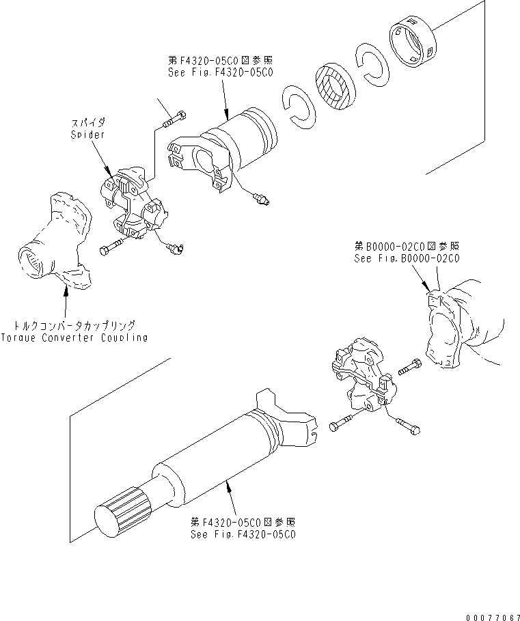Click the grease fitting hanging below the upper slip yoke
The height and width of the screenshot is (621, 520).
click(262, 199)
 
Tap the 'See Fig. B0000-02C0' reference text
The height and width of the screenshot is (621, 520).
click(406, 259)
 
